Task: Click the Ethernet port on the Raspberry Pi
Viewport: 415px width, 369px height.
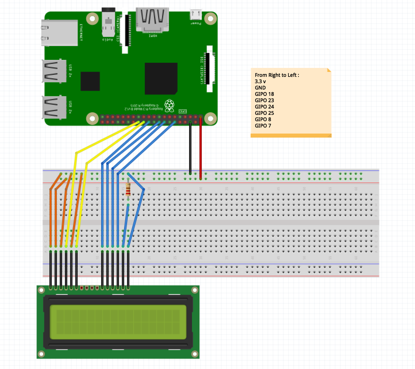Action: pos(59,33)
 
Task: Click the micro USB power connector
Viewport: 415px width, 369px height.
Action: pos(196,14)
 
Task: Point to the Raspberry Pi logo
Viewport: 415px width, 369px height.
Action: pos(169,105)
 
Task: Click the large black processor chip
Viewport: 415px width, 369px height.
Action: pos(161,78)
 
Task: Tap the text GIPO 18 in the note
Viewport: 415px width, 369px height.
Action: pos(264,94)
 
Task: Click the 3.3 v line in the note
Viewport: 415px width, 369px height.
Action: pos(260,81)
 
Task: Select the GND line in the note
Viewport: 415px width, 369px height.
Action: pos(260,88)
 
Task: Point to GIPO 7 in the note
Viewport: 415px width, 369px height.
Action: pos(263,126)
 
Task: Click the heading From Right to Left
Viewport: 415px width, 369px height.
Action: pos(277,75)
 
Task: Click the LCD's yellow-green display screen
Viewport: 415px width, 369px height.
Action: pos(118,322)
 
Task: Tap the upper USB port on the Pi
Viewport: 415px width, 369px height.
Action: pos(54,71)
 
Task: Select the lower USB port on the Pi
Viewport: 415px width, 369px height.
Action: pos(54,107)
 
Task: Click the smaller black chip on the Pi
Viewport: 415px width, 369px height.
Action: pos(90,81)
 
